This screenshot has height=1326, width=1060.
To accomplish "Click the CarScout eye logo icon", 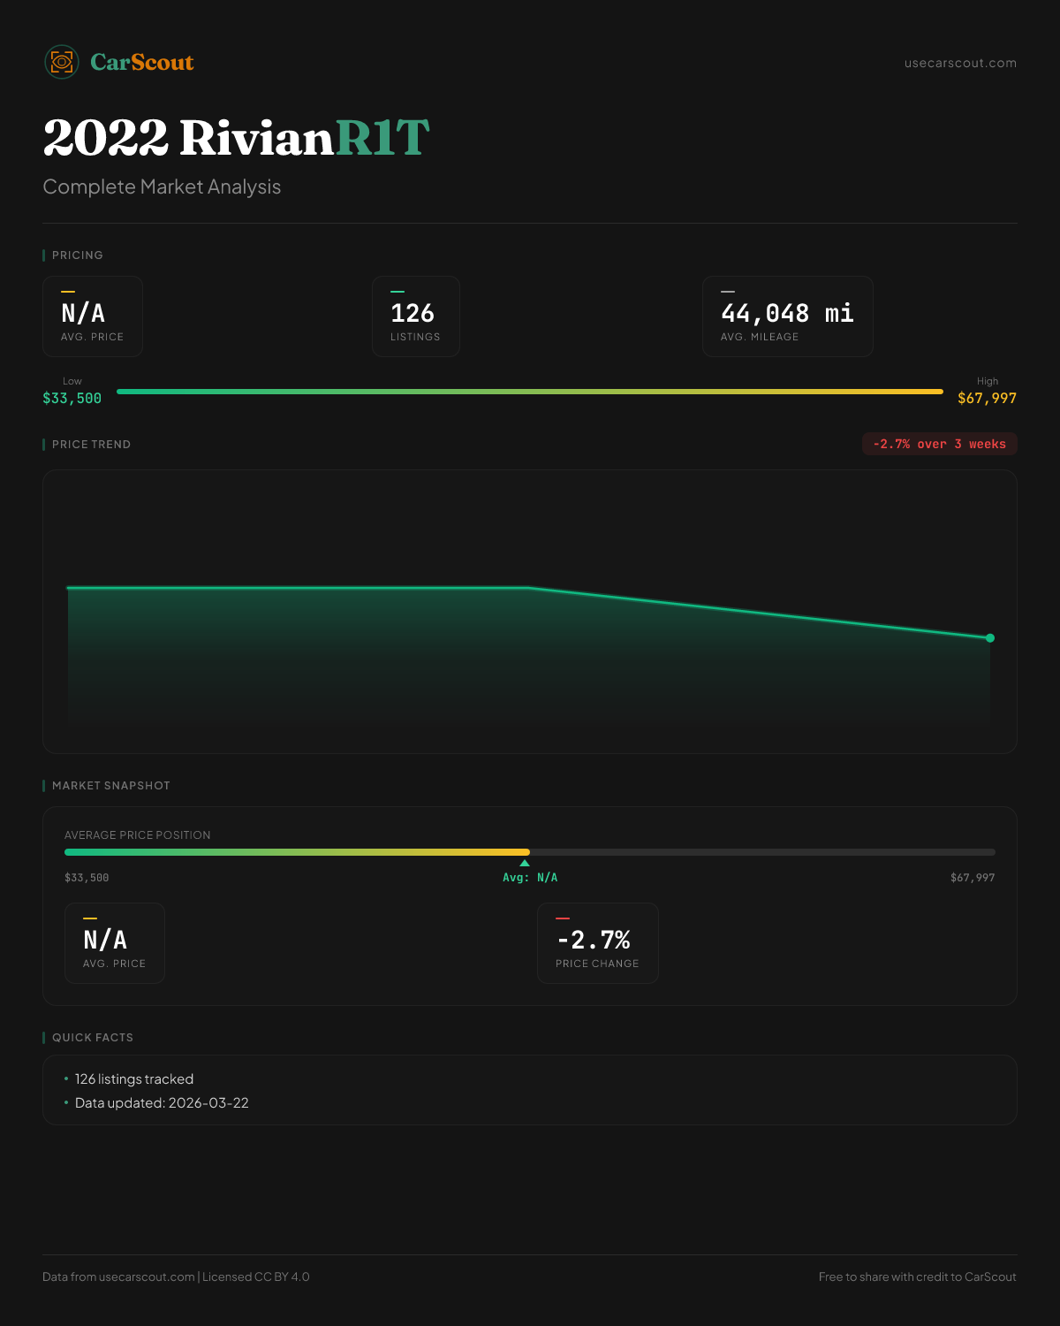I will [x=62, y=62].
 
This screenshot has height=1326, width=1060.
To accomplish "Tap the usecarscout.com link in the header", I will [x=960, y=63].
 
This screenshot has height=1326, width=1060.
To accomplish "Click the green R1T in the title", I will [x=382, y=138].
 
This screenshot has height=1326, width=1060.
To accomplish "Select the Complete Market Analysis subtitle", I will [x=162, y=187].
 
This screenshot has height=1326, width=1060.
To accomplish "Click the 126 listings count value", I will [x=413, y=313].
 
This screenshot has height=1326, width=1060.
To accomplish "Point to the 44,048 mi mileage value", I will [x=787, y=313].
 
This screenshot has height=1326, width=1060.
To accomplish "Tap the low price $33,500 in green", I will [x=72, y=399].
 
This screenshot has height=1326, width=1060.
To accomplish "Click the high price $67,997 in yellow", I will [x=987, y=399].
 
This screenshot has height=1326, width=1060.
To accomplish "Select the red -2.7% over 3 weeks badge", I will [x=939, y=444].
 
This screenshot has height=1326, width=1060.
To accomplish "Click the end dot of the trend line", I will [x=990, y=638].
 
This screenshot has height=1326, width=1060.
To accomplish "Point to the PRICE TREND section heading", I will [x=91, y=445].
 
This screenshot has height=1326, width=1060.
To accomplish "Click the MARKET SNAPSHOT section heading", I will [x=110, y=786].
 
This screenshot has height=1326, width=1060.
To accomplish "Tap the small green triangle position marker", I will [x=525, y=863].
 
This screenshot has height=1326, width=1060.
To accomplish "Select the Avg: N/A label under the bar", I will [x=530, y=878].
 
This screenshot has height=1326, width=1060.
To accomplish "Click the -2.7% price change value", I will [x=594, y=940].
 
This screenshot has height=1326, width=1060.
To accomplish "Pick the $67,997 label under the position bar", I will [x=972, y=878].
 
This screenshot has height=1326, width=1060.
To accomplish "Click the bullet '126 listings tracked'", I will [x=133, y=1079].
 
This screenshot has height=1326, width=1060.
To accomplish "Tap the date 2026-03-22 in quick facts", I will [x=208, y=1103].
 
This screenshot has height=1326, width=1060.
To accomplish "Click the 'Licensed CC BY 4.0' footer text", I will [x=256, y=1276].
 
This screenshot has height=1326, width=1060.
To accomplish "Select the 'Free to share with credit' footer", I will [x=917, y=1276].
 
